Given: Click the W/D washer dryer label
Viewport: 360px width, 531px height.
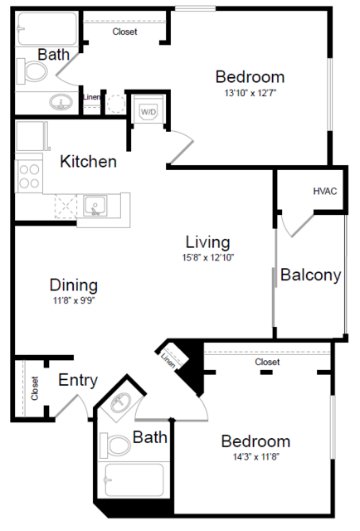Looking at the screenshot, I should tap(148, 111).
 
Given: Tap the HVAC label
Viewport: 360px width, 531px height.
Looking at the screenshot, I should tap(325, 191).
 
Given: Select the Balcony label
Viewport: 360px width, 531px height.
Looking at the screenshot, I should tap(310, 275).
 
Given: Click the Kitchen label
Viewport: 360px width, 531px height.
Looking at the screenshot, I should tap(88, 161).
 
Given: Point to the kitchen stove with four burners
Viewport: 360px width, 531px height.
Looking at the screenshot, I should tap(30, 177).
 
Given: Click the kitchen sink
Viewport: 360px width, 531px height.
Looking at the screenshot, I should tap(95, 205).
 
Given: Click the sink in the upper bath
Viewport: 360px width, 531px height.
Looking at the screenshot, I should tap(60, 103).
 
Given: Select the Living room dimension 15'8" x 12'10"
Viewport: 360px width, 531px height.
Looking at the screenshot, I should tap(207, 258).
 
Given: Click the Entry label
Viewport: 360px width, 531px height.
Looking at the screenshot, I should tap(78, 381).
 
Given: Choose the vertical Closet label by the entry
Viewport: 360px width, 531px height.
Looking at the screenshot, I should tap(35, 388).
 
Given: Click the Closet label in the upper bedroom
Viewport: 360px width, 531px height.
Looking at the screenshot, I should tap(124, 32).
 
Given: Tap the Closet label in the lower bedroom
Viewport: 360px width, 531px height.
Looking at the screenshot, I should tap(267, 362).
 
